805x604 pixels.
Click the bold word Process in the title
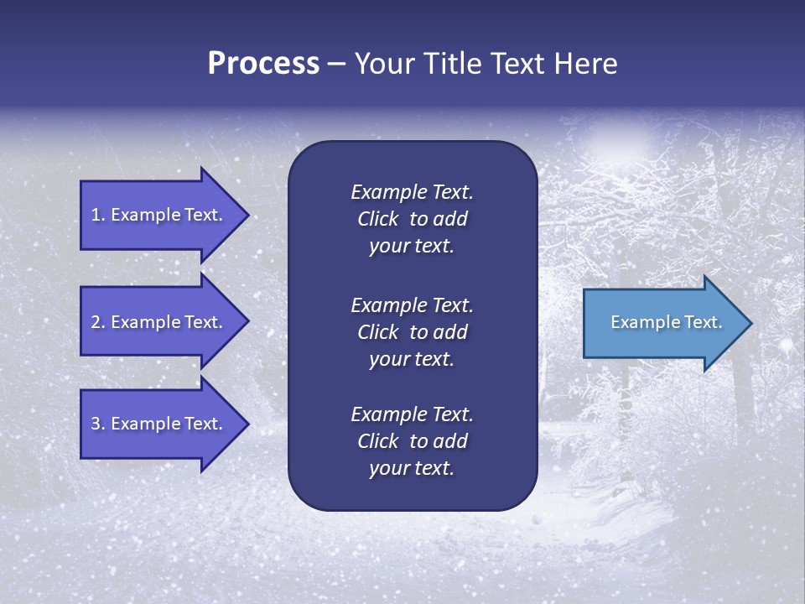(263, 64)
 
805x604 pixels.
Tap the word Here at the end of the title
(586, 64)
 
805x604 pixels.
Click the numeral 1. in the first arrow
(98, 215)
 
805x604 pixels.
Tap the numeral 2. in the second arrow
(98, 322)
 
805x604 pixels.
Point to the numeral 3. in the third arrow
(98, 424)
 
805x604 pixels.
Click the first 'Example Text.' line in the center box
(412, 192)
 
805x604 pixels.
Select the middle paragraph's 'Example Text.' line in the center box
(412, 305)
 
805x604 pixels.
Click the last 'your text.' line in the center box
(412, 469)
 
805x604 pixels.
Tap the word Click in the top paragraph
(378, 219)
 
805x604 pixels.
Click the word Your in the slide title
(381, 64)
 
